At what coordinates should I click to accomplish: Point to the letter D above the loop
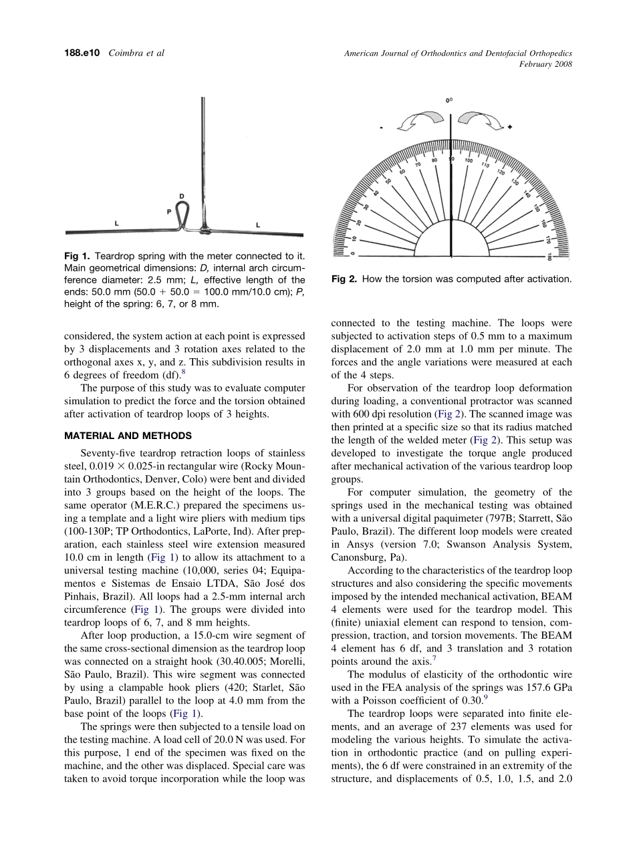pyautogui.click(x=181, y=196)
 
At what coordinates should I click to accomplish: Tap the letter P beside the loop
pyautogui.click(x=169, y=211)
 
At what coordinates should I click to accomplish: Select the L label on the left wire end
pyautogui.click(x=116, y=224)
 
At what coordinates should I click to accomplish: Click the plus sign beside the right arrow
pyautogui.click(x=509, y=128)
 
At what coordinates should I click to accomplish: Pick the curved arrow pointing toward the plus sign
pyautogui.click(x=482, y=122)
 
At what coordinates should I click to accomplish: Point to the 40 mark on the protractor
pyautogui.click(x=376, y=194)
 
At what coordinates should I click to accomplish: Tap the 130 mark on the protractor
pyautogui.click(x=515, y=182)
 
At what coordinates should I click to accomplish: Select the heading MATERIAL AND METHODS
pyautogui.click(x=128, y=436)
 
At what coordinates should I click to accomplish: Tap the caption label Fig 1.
pyautogui.click(x=77, y=256)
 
